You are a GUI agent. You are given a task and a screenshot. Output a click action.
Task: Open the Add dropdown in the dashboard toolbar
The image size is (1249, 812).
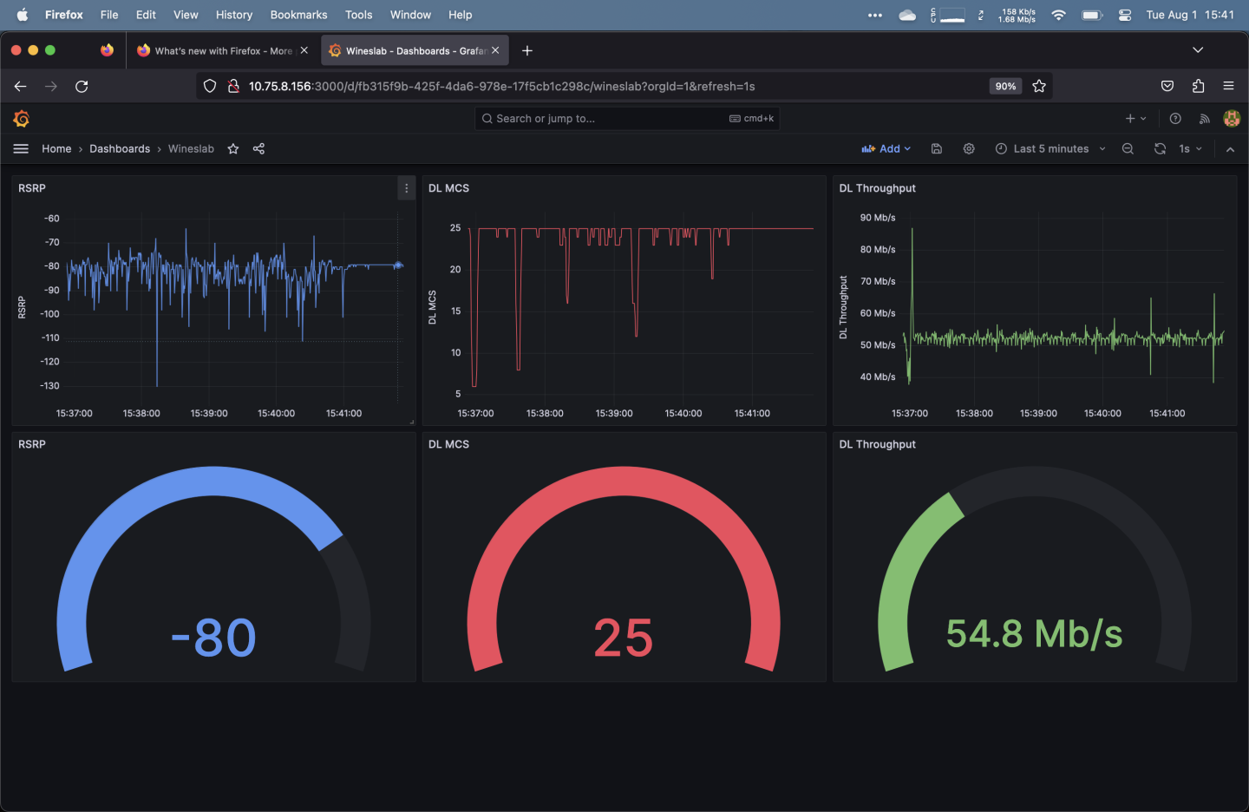pos(886,149)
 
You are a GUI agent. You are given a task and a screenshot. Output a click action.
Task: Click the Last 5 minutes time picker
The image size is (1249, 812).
pos(1050,149)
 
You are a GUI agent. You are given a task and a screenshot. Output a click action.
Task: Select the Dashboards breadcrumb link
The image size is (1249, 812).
pos(120,149)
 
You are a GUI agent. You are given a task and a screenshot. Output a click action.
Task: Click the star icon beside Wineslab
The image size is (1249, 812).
pos(233,149)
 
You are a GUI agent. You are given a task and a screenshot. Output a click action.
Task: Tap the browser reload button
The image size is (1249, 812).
pos(82,86)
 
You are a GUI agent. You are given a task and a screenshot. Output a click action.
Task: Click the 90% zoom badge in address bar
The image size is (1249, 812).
pos(1005,86)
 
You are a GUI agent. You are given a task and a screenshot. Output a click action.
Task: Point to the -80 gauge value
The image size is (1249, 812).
pos(213,638)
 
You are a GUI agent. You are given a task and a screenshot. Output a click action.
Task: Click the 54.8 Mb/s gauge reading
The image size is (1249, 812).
pos(1034,634)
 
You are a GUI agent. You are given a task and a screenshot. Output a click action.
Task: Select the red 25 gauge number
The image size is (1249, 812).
pos(623,638)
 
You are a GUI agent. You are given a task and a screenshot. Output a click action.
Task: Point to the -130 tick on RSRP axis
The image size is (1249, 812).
pos(49,386)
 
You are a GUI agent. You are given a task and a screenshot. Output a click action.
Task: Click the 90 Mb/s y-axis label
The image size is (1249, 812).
pos(877,218)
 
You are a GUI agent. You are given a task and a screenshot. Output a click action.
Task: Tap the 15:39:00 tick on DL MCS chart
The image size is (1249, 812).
pos(614,414)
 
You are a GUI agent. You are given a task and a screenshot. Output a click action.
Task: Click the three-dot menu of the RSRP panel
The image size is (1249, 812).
pos(406,188)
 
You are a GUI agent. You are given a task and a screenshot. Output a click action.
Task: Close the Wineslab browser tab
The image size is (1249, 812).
pos(495,50)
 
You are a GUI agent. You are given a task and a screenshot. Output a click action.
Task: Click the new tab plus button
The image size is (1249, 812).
pos(526,50)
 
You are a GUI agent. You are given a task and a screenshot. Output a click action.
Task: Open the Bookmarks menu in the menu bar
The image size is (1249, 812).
pos(298,15)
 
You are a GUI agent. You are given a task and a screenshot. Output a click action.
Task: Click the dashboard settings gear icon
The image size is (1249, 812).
pos(969,149)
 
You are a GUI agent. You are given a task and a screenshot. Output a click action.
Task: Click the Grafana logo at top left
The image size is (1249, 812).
pos(22,119)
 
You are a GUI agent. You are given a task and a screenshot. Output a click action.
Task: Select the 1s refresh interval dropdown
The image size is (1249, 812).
pos(1190,149)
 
